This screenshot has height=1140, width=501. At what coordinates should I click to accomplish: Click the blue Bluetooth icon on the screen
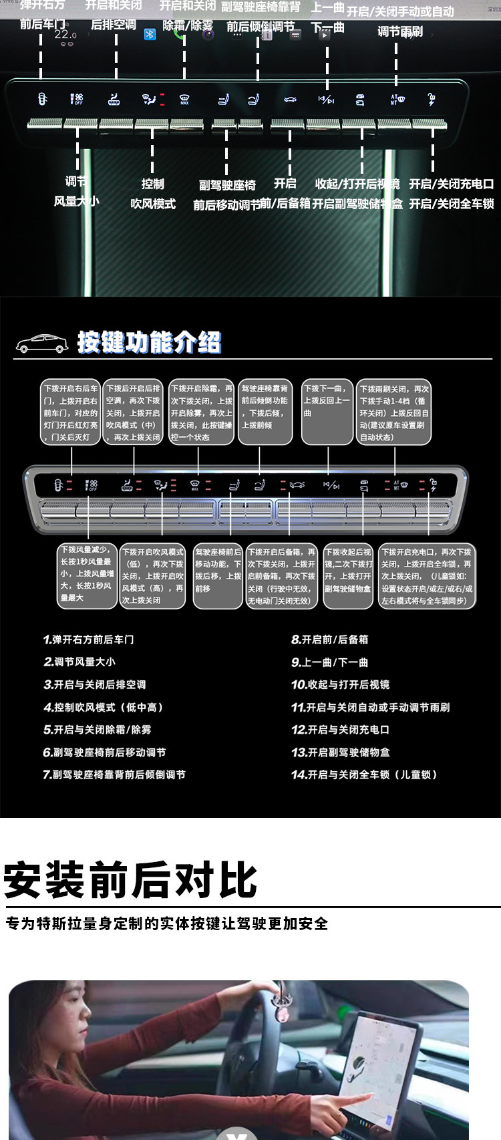click(x=150, y=34)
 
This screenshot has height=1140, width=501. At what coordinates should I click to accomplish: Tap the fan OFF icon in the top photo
click(x=77, y=100)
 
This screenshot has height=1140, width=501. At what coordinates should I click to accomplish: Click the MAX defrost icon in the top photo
click(x=184, y=100)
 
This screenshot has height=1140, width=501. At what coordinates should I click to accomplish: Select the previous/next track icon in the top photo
click(x=326, y=100)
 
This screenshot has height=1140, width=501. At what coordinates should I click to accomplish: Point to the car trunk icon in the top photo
click(x=290, y=100)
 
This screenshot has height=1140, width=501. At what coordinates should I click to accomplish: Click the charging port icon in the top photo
click(x=432, y=100)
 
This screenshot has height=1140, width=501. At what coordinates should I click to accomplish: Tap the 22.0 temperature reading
click(x=65, y=34)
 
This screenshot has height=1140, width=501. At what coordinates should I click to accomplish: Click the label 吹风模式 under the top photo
click(x=153, y=204)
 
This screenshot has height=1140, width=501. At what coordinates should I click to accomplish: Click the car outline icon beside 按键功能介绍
click(x=42, y=343)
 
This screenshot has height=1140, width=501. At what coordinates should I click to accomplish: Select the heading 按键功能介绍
click(x=149, y=342)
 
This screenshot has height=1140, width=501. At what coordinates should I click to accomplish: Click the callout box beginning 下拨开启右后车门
click(x=71, y=412)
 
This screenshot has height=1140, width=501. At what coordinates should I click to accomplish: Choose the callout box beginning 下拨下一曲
click(x=327, y=412)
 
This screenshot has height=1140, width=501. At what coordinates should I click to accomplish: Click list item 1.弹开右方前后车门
click(x=89, y=639)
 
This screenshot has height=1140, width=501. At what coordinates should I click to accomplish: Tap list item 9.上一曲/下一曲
click(x=329, y=662)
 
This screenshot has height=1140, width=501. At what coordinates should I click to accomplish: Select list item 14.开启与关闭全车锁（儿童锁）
click(x=365, y=774)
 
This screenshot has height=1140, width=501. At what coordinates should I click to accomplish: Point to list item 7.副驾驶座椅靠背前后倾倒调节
click(x=114, y=774)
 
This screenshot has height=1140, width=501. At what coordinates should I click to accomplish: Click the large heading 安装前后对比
click(x=130, y=880)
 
